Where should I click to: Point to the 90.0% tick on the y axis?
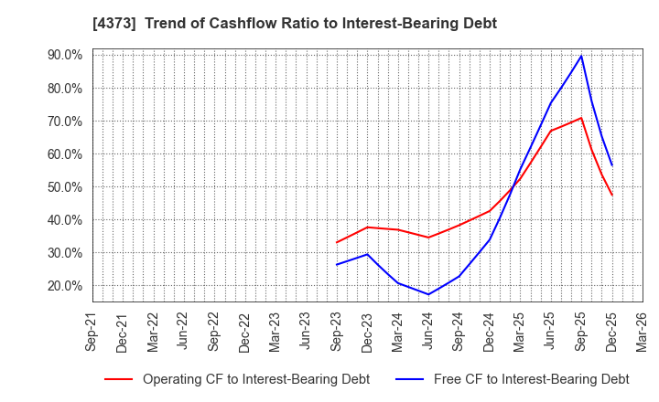(x=63, y=55)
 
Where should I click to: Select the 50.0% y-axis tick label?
(x=63, y=187)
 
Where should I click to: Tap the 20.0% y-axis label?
(x=63, y=286)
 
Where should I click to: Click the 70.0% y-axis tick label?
(x=63, y=122)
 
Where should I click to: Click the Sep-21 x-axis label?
(x=92, y=331)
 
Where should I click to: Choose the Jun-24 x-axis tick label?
(x=428, y=331)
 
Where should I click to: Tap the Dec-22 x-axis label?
(x=244, y=331)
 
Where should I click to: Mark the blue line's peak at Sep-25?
(x=581, y=56)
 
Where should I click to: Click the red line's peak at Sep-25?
(x=581, y=118)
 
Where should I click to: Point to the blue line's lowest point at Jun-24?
(x=428, y=294)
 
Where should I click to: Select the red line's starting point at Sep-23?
(x=337, y=242)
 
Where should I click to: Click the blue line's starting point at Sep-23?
(x=337, y=265)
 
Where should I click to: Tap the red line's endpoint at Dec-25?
(x=611, y=195)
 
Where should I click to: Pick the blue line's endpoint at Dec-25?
(x=611, y=165)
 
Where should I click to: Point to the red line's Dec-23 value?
(x=367, y=227)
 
